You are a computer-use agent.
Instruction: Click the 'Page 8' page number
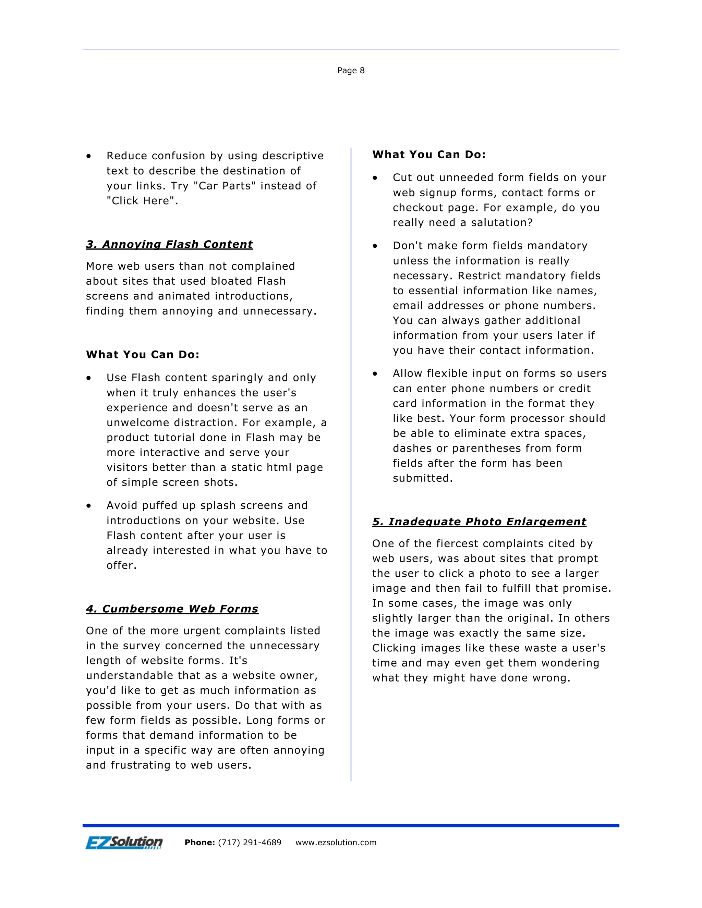pos(351,71)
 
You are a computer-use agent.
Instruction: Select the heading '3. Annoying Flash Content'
pos(169,244)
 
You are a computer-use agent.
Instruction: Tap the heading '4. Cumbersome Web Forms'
pos(172,609)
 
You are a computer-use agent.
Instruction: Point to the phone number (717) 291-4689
pos(250,843)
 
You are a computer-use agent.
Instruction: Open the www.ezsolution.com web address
pos(336,843)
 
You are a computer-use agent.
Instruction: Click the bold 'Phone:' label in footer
pos(199,843)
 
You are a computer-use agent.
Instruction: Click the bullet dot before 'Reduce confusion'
pos(88,156)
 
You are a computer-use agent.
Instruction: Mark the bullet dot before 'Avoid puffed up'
pos(88,506)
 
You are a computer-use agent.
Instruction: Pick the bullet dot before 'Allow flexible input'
pos(375,374)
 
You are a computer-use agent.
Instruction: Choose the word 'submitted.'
pos(423,479)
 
